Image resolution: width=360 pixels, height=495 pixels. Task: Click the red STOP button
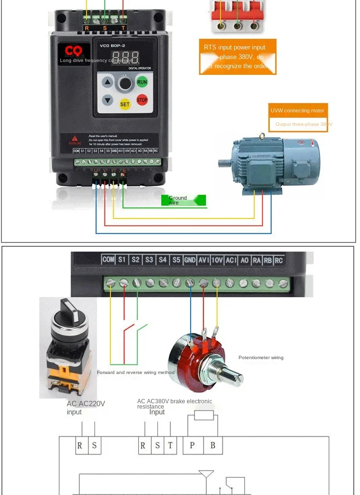tap(142, 100)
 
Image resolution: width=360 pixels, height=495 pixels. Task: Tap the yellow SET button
tap(125, 104)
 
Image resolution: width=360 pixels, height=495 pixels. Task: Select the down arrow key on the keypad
tap(108, 100)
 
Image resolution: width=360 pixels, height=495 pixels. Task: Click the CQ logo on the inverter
tap(74, 51)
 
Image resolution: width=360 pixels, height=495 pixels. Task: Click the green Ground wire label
tap(187, 200)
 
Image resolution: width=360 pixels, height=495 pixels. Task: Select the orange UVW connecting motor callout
tap(298, 110)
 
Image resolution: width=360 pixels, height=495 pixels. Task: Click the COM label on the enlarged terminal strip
tap(108, 260)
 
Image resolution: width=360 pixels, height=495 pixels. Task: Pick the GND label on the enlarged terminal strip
tap(190, 260)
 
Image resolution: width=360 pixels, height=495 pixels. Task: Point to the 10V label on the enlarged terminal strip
tap(217, 260)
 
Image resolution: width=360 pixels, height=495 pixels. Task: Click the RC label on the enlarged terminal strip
tap(278, 260)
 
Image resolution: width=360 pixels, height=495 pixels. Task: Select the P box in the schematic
tap(192, 446)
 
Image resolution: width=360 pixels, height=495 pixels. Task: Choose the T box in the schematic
tap(170, 446)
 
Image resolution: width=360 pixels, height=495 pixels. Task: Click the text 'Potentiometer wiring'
tap(261, 358)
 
